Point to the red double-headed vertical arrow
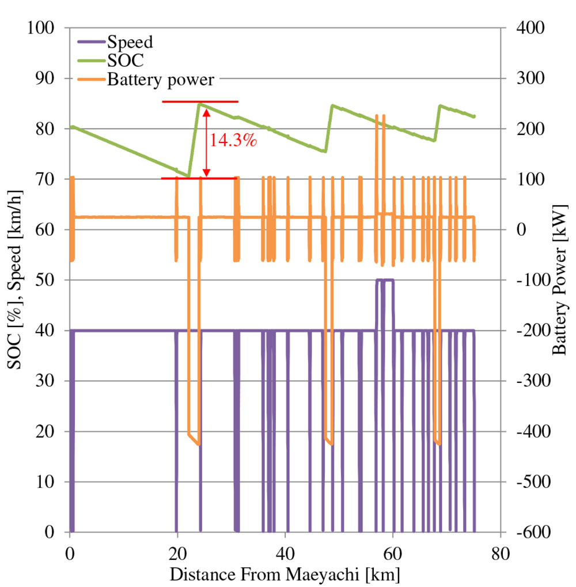tap(206, 141)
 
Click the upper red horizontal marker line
tap(200, 101)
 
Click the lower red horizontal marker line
tap(199, 178)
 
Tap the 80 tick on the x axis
tap(501, 550)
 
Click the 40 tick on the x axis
tap(285, 550)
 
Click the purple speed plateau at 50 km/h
tap(385, 280)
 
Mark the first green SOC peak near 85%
tap(199, 104)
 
